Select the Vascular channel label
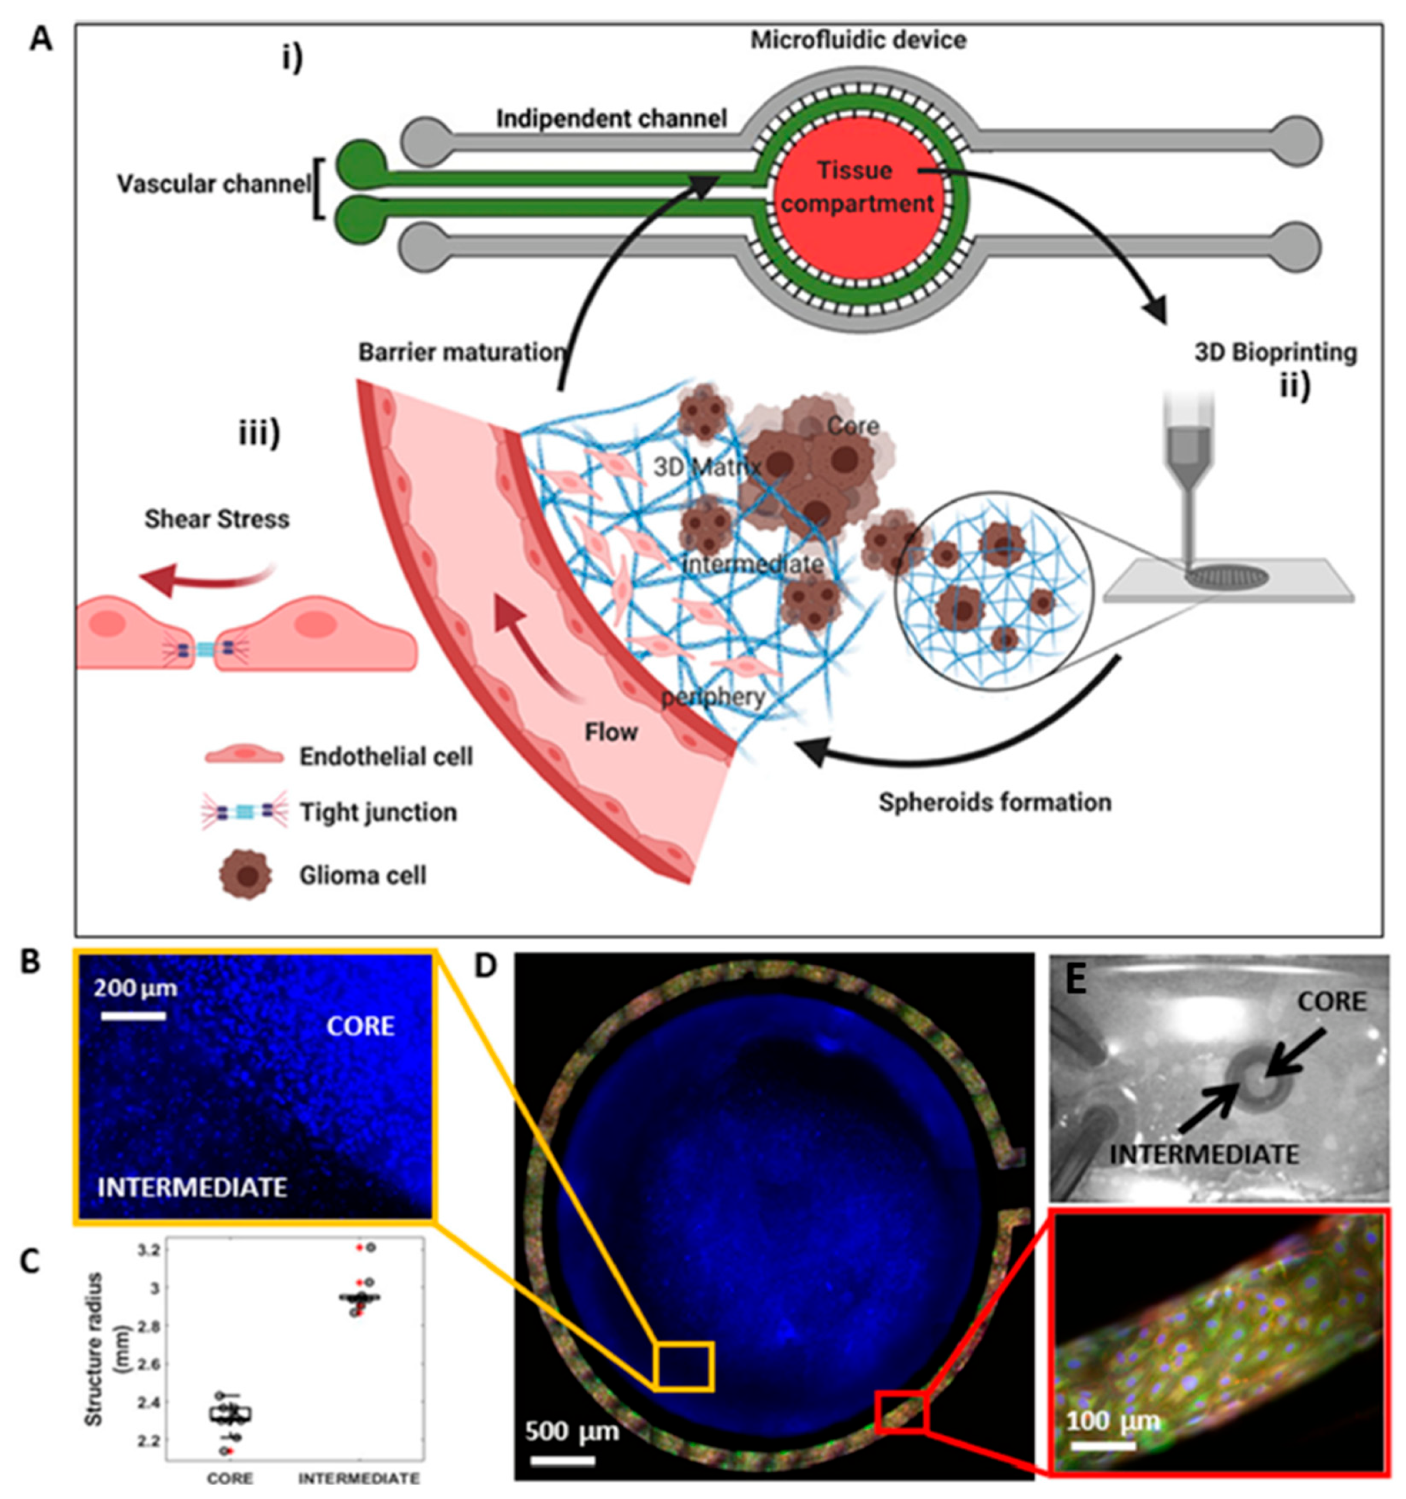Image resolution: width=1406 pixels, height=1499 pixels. point(213,184)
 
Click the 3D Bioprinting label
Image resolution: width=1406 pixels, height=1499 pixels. point(1275,352)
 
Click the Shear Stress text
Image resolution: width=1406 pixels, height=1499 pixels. point(217,519)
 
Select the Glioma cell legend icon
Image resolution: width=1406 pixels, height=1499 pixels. point(244,875)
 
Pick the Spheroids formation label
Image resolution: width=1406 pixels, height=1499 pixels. point(994,802)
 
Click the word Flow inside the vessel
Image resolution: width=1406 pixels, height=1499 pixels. point(611,732)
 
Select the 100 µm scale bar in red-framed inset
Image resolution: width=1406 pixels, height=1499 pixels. point(1103,1446)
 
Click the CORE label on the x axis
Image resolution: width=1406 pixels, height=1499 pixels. point(230,1478)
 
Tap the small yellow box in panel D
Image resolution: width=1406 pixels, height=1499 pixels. point(683,1365)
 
